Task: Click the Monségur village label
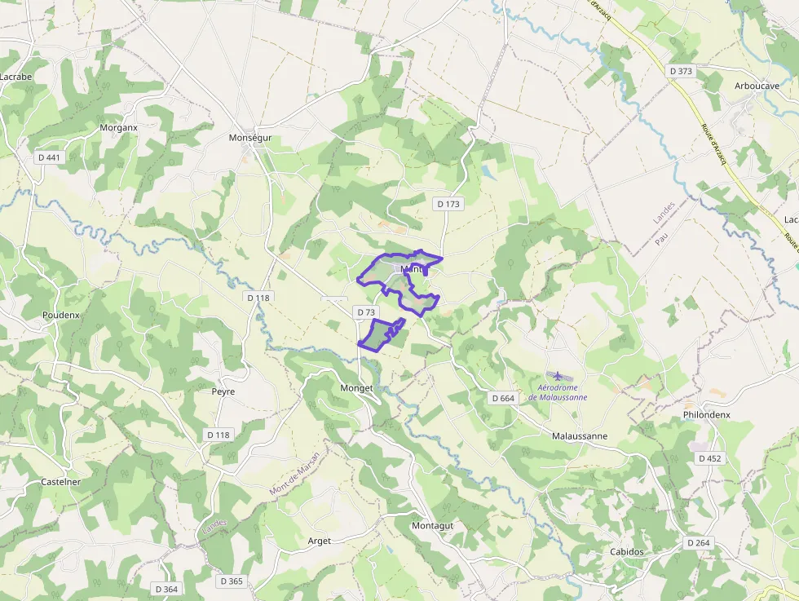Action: click(x=250, y=138)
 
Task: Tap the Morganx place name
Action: click(x=118, y=127)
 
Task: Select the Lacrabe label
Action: click(x=15, y=77)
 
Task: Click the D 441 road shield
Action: click(x=49, y=157)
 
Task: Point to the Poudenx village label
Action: click(x=61, y=315)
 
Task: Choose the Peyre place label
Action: click(x=223, y=391)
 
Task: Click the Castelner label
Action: click(x=61, y=482)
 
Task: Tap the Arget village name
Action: click(x=320, y=541)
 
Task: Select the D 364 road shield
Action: click(x=166, y=589)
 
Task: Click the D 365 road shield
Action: click(x=232, y=581)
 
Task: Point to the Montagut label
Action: click(x=432, y=525)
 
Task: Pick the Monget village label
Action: click(x=355, y=388)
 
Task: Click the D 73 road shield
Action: click(x=366, y=312)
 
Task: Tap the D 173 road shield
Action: click(x=448, y=204)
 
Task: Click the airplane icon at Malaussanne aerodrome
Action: click(x=558, y=375)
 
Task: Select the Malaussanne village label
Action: click(x=579, y=435)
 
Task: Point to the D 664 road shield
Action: click(x=504, y=398)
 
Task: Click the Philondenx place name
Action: click(x=706, y=414)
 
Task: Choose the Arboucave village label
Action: click(x=757, y=86)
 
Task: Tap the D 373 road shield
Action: click(x=681, y=71)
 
